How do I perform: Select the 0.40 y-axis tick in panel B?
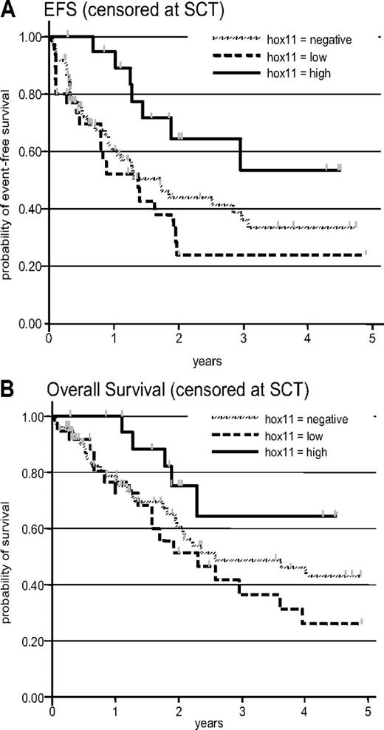(32, 585)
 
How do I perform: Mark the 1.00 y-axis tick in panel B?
(32, 416)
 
